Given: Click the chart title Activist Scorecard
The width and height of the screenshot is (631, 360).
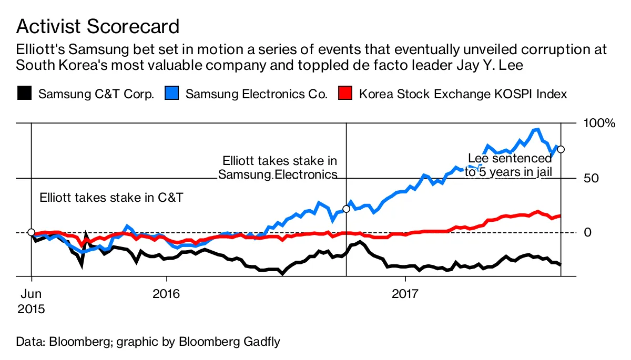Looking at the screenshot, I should coord(98,26).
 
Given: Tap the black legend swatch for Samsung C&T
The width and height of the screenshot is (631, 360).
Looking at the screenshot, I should coord(24,94).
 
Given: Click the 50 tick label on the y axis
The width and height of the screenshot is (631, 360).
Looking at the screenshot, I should coord(592,178).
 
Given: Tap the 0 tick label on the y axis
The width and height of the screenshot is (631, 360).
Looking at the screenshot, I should coord(588,232).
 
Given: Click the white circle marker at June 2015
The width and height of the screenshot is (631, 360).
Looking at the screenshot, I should coord(31,232).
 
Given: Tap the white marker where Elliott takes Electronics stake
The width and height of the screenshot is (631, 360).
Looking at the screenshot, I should coord(346,209).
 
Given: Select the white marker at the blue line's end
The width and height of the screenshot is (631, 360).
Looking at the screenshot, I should coord(561,149).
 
